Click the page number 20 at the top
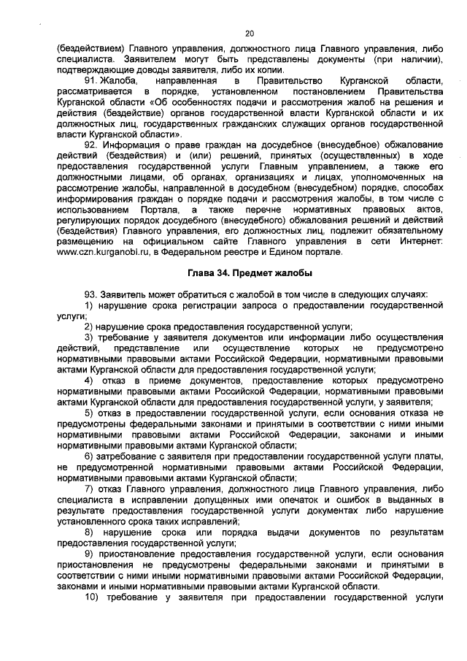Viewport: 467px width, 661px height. [249, 34]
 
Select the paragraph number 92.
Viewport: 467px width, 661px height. [93, 145]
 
